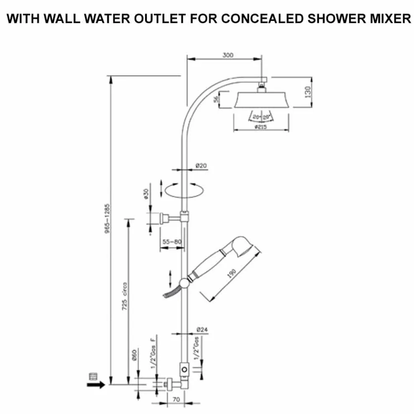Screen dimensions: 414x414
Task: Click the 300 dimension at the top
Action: [x=228, y=55]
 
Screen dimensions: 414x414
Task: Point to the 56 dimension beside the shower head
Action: [x=216, y=100]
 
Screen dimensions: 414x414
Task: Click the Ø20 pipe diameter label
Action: [x=201, y=166]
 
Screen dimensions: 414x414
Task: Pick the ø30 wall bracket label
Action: [x=146, y=194]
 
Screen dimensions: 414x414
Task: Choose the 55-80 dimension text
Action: [x=172, y=242]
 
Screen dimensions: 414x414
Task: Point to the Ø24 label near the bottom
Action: [x=202, y=330]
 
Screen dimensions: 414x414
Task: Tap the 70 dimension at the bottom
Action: [x=176, y=400]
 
